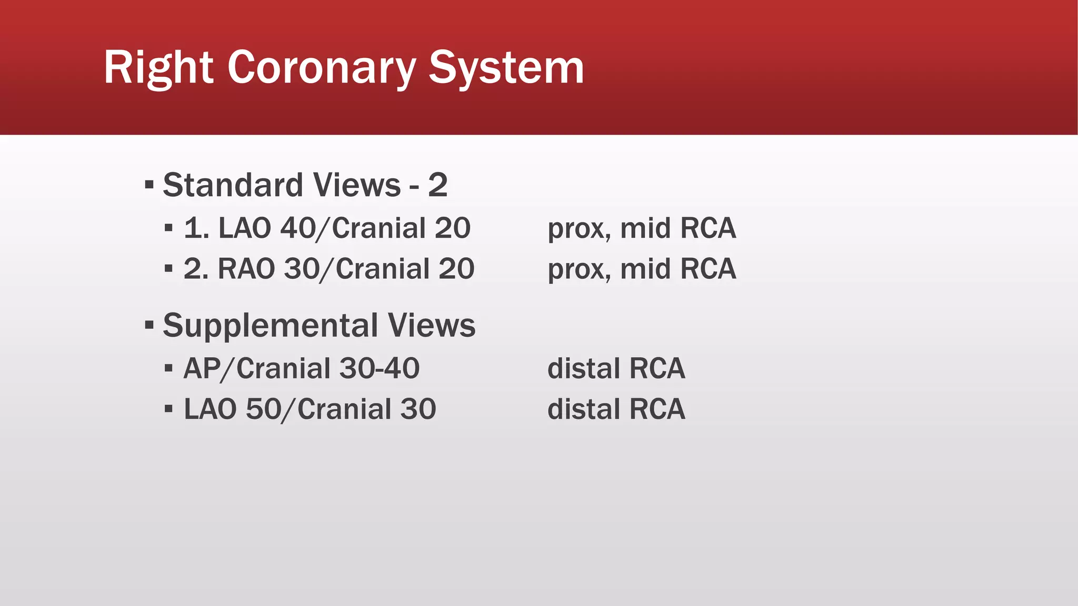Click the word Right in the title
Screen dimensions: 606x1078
(158, 68)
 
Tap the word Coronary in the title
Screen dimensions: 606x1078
(321, 68)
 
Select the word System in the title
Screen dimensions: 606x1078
(506, 68)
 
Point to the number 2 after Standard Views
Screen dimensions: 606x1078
(437, 185)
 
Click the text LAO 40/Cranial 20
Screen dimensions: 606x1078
(344, 228)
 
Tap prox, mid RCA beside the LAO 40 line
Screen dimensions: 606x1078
(642, 229)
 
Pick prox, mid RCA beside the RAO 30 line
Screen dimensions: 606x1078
(642, 269)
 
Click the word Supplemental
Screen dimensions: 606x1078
(271, 326)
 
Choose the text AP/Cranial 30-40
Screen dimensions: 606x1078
(301, 368)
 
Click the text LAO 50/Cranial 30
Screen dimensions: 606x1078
(310, 409)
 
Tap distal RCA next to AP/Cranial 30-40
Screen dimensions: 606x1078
(616, 368)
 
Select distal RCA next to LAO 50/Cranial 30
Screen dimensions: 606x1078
(616, 409)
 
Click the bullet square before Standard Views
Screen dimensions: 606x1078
(149, 185)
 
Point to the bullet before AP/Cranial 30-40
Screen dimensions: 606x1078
(168, 368)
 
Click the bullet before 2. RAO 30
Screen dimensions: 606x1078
(168, 269)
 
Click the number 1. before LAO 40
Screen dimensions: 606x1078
(196, 228)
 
